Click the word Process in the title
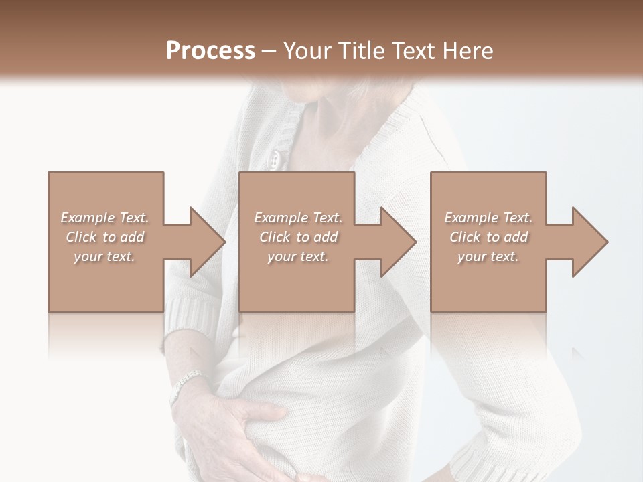click(x=210, y=51)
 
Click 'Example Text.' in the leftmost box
click(x=104, y=218)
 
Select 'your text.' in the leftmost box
click(x=104, y=256)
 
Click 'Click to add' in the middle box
click(x=298, y=237)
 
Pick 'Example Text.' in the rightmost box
click(x=488, y=218)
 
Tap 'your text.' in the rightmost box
click(x=488, y=256)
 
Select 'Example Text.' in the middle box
click(x=298, y=218)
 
